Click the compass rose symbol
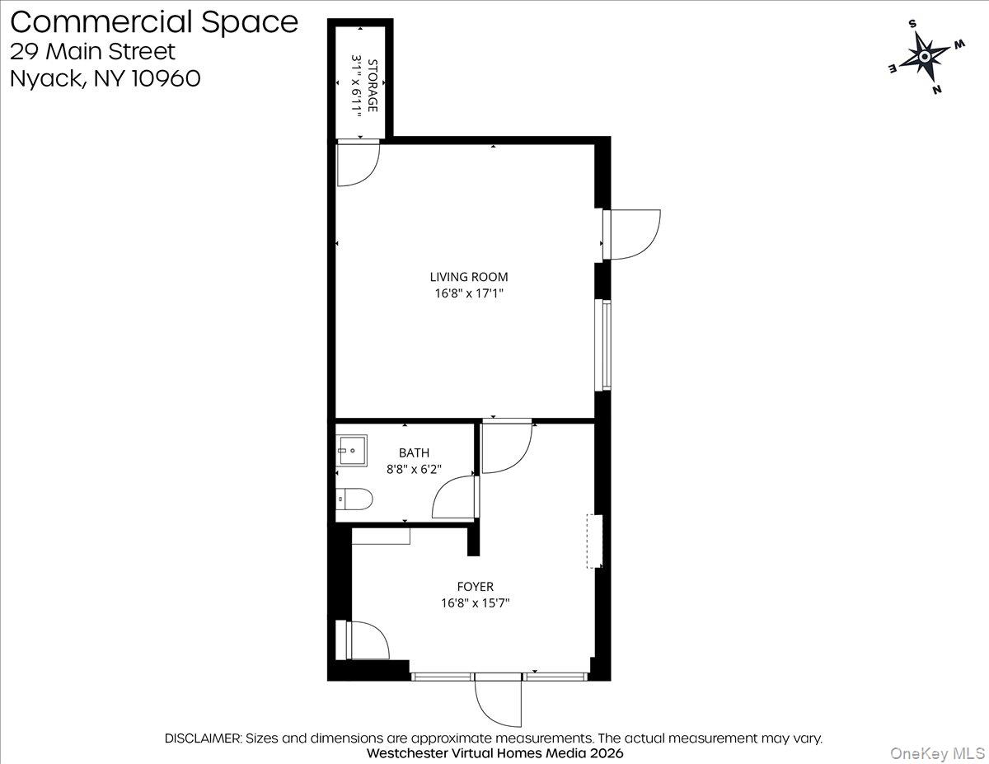[x=924, y=56]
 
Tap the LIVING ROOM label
[x=469, y=277]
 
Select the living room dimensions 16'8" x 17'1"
[x=469, y=293]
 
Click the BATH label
[x=414, y=452]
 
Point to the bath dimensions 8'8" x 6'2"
[x=414, y=469]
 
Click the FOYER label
[x=476, y=587]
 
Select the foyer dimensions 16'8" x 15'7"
[x=476, y=603]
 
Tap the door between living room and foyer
[x=507, y=448]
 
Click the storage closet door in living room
[x=359, y=163]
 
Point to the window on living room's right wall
[x=607, y=345]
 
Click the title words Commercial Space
[x=154, y=21]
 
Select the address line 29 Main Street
[x=93, y=51]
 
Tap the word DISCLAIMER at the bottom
[x=203, y=738]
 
